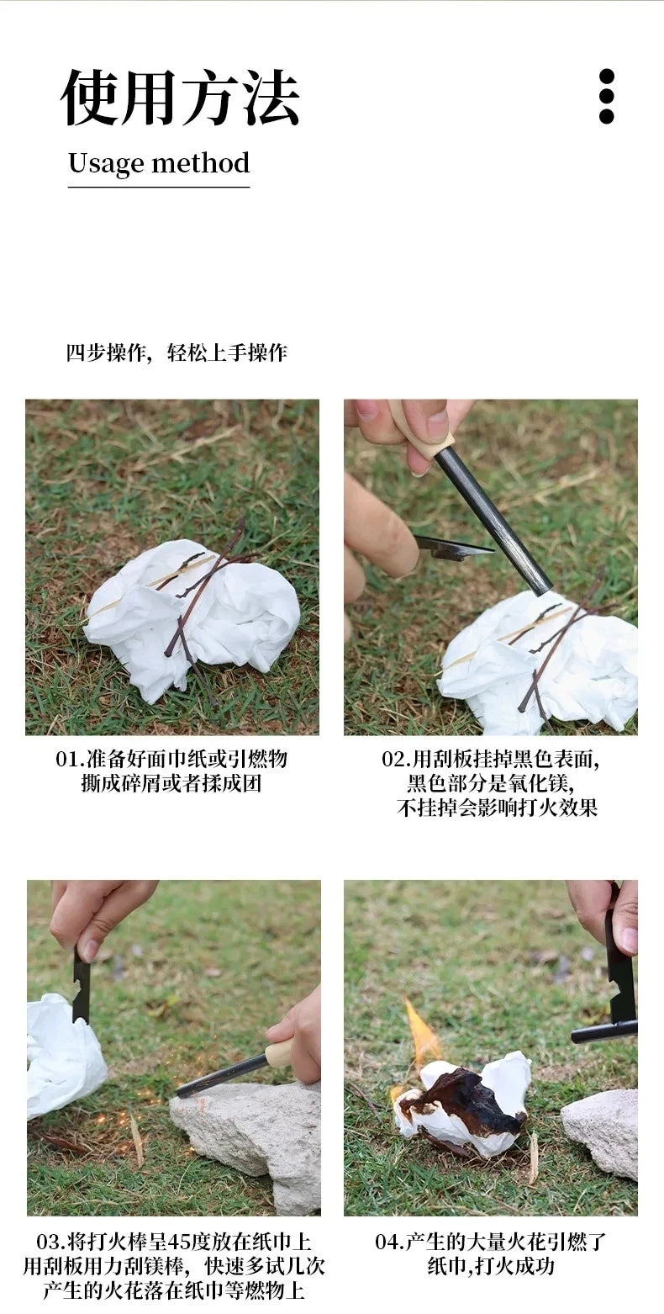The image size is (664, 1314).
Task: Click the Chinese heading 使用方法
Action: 180,98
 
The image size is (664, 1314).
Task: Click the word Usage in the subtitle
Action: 106,163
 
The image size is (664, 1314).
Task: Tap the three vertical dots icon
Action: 606,97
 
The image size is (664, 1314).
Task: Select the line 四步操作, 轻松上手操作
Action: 177,352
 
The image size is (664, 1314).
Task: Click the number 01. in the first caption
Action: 70,759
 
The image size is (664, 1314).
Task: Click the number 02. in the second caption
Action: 396,759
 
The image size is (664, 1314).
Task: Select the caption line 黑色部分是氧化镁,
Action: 490,783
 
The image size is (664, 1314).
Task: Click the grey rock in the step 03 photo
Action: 252,1136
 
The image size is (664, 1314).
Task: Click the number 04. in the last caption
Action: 388,1242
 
